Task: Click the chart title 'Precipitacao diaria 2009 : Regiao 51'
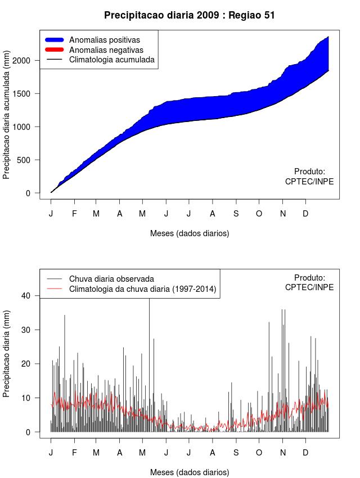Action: click(x=190, y=15)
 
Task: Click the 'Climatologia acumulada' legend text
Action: click(x=111, y=60)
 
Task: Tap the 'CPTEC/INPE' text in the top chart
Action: click(x=309, y=182)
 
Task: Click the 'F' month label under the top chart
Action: click(x=74, y=214)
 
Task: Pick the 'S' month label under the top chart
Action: click(x=236, y=214)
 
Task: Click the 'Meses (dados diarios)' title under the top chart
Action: click(x=190, y=233)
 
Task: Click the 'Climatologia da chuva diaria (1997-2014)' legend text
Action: click(x=142, y=290)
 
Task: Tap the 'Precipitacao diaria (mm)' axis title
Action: click(x=7, y=353)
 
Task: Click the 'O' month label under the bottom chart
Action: click(x=259, y=453)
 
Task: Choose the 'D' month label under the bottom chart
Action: click(x=305, y=453)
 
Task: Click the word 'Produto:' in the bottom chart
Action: click(x=309, y=277)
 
